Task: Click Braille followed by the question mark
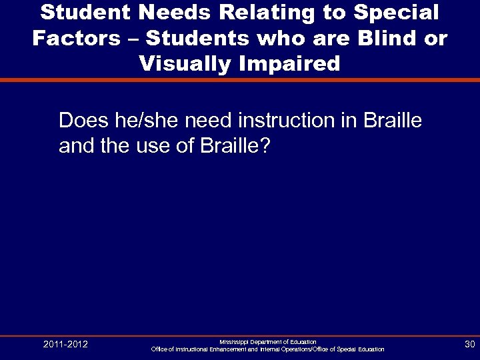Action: point(235,146)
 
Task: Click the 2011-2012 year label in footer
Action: point(65,344)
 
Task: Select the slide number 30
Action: point(468,344)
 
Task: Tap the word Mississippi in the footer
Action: point(235,341)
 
